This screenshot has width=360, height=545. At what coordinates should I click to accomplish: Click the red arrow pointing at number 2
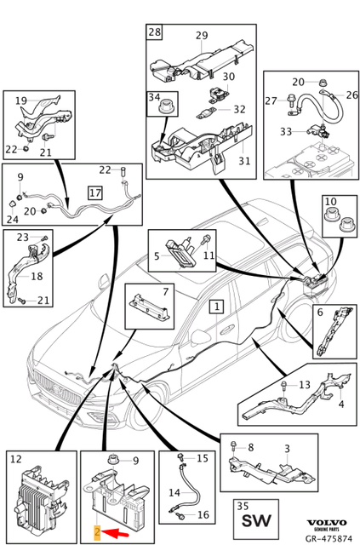[x=116, y=531]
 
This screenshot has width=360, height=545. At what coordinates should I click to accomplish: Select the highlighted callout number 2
[x=97, y=531]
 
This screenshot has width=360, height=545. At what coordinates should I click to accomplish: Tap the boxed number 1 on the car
[x=217, y=307]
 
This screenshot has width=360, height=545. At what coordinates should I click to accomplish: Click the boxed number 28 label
[x=154, y=32]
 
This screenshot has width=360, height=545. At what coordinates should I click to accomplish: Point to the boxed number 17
[x=95, y=192]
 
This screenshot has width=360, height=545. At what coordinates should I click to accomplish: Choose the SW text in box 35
[x=256, y=521]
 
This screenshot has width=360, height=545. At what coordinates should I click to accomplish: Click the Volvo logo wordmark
[x=327, y=522]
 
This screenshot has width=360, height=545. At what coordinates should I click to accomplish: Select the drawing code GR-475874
[x=327, y=538]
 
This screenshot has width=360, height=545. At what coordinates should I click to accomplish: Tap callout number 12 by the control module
[x=16, y=459]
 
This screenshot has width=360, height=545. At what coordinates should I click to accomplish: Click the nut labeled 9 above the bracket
[x=112, y=459]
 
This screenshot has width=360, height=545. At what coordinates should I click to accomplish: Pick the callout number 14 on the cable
[x=174, y=492]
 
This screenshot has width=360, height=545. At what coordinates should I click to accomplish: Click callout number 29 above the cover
[x=202, y=36]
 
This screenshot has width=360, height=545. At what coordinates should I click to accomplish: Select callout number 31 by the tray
[x=244, y=161]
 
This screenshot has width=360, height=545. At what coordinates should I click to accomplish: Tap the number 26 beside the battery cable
[x=351, y=95]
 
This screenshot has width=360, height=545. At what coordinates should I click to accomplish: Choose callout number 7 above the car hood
[x=165, y=291]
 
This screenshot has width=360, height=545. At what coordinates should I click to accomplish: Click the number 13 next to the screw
[x=305, y=385]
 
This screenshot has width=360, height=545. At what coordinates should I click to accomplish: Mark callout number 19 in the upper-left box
[x=21, y=100]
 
